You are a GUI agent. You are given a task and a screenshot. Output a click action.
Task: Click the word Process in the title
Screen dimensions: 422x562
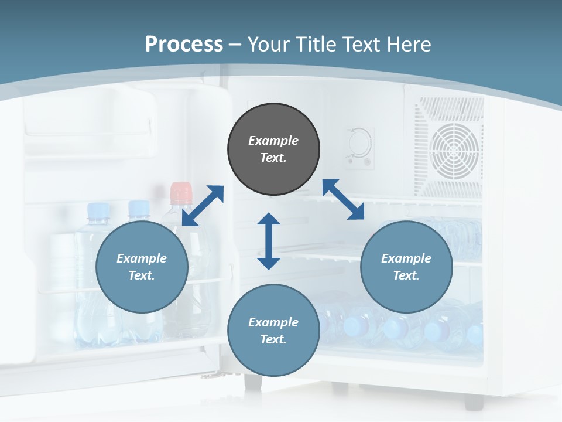click(184, 45)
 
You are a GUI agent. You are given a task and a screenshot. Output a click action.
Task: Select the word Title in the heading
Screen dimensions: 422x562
click(310, 45)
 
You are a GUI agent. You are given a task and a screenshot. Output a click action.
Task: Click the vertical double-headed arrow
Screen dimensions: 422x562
click(269, 241)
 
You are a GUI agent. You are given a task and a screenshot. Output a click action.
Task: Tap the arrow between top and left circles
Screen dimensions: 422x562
click(203, 206)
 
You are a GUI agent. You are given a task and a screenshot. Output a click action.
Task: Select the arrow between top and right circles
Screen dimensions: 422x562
click(343, 199)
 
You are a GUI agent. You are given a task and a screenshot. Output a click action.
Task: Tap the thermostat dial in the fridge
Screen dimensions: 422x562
click(358, 141)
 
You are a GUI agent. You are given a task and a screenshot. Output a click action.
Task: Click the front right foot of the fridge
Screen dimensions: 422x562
click(474, 401)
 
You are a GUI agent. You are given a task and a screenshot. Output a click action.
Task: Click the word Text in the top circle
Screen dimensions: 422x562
click(273, 158)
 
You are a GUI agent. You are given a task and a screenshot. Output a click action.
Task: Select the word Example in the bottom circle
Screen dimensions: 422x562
click(273, 322)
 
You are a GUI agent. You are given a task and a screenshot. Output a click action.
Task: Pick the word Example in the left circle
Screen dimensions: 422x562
click(142, 258)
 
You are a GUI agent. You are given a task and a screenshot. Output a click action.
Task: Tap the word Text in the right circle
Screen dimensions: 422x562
click(406, 275)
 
